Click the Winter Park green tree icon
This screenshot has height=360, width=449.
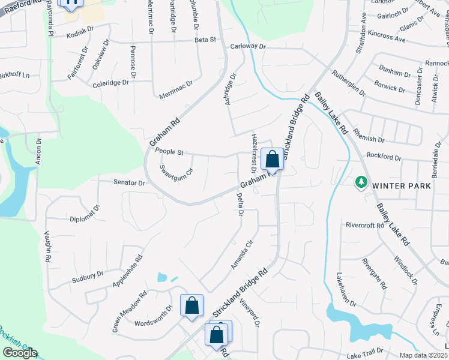click(x=361, y=181)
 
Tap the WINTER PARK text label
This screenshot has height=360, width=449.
click(x=401, y=186)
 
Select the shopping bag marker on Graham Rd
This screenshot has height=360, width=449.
click(x=272, y=160)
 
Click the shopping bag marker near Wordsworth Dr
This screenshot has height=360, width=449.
click(x=191, y=306)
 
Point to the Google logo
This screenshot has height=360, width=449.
click(x=20, y=353)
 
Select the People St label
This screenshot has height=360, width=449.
click(x=169, y=152)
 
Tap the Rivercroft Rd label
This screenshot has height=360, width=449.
click(x=364, y=225)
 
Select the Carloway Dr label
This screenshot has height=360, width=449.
click(x=247, y=46)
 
